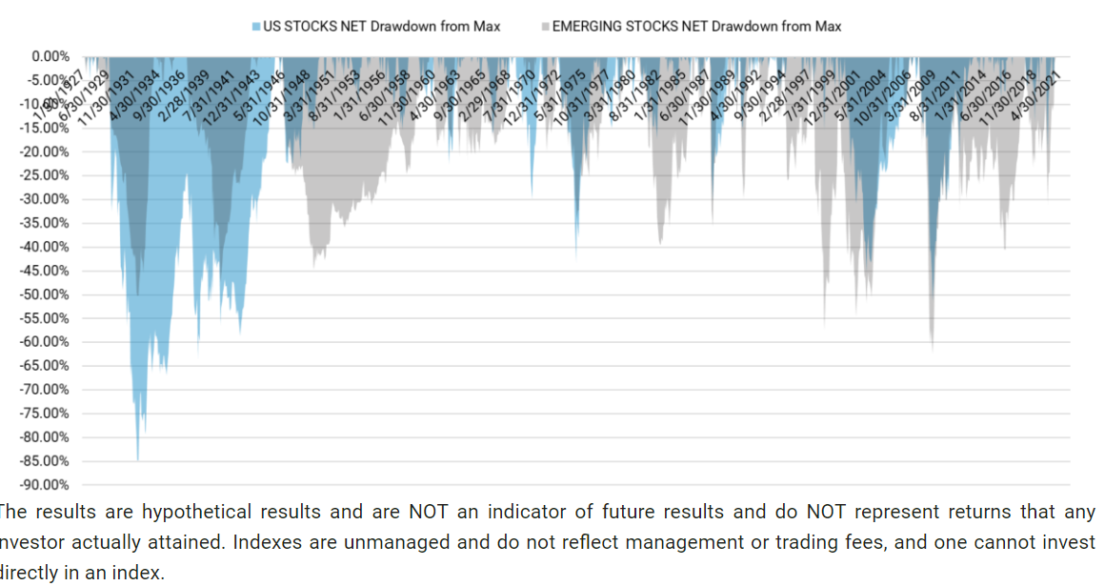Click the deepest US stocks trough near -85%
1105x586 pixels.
point(137,459)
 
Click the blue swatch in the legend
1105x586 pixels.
point(256,27)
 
